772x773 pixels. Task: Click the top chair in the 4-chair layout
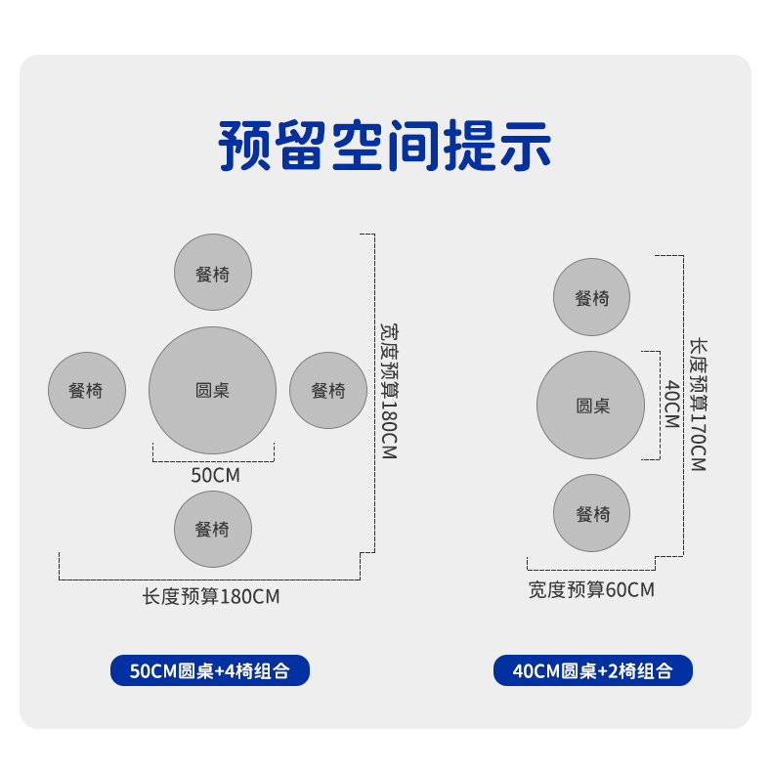click(x=213, y=273)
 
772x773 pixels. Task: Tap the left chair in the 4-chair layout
click(x=87, y=390)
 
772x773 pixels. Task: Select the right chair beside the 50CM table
click(x=328, y=390)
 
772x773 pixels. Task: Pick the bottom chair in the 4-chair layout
click(x=213, y=529)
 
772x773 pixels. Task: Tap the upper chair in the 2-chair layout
click(x=591, y=297)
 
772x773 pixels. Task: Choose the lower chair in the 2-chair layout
click(x=591, y=513)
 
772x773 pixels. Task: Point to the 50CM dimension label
click(x=215, y=476)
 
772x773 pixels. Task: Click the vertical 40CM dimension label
click(x=671, y=404)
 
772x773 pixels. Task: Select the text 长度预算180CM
click(x=211, y=596)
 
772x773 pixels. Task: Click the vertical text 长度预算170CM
click(x=698, y=406)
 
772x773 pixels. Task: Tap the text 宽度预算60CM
click(x=591, y=589)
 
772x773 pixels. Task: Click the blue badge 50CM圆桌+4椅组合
click(x=210, y=670)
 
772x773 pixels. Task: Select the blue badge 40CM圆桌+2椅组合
click(x=593, y=670)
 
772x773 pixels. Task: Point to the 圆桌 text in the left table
click(x=212, y=390)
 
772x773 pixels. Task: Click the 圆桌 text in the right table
click(x=592, y=406)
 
